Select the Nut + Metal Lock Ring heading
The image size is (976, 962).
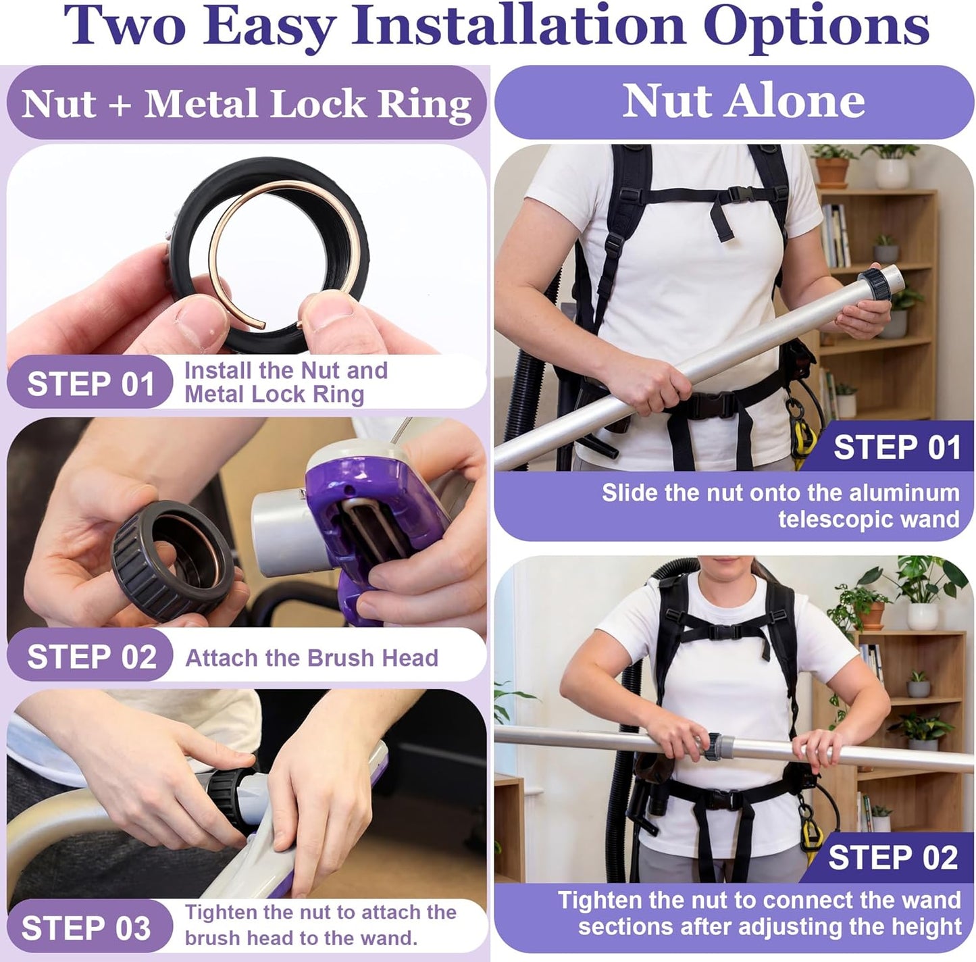[x=246, y=103]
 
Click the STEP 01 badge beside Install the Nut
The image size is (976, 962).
[x=90, y=383]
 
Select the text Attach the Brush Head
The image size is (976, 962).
[x=311, y=657]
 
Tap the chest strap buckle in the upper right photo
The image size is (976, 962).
[x=741, y=194]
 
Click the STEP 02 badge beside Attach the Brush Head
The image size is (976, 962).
[x=90, y=657]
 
